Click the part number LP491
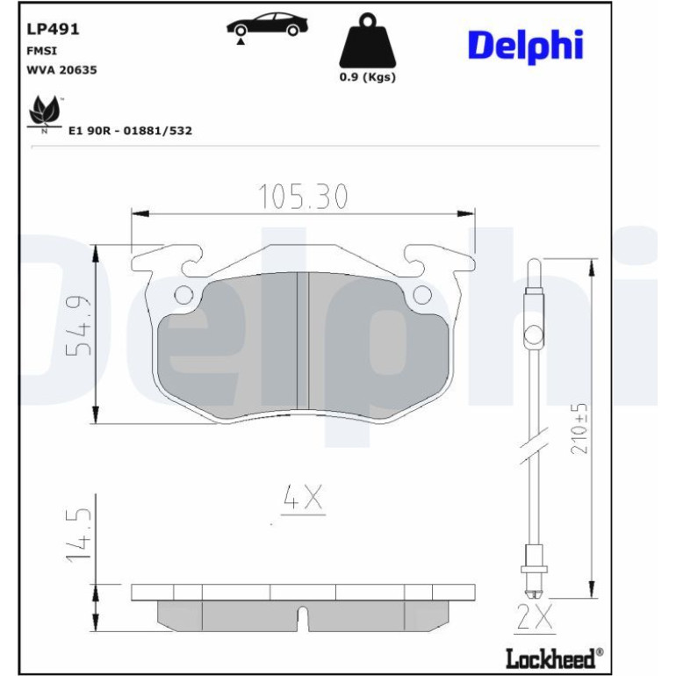point(53,29)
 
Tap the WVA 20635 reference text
point(61,70)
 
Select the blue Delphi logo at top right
point(526,47)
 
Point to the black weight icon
point(367,40)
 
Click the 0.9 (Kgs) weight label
point(367,77)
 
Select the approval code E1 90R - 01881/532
point(130,131)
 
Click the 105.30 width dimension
point(303,197)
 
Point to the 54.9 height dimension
point(78,326)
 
